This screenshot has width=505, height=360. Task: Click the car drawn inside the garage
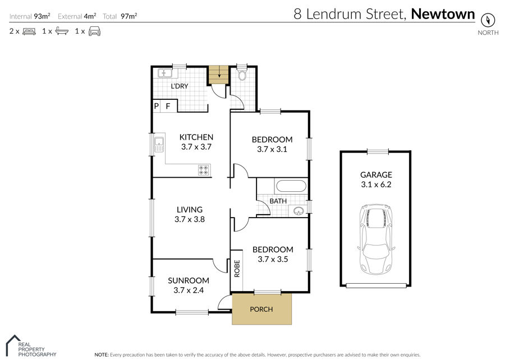(x=376, y=239)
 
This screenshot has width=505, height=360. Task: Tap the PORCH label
(x=261, y=309)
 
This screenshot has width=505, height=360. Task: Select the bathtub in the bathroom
(x=291, y=187)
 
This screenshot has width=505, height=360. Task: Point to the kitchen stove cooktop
(x=204, y=170)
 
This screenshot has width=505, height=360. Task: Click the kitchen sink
(x=159, y=145)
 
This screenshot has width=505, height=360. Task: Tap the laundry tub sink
(x=165, y=73)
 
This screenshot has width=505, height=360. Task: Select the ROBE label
(x=237, y=268)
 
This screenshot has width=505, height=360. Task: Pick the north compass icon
(x=488, y=20)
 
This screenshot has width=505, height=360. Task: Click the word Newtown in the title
(x=443, y=14)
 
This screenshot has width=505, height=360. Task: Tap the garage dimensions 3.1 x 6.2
(x=376, y=184)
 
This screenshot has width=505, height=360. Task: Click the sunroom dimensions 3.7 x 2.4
(x=189, y=290)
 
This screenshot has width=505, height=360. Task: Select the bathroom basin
(x=299, y=211)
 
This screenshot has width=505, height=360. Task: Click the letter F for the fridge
(x=168, y=106)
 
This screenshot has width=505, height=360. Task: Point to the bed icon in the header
(x=29, y=31)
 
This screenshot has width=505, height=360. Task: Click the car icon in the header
(x=94, y=31)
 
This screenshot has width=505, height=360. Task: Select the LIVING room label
(x=190, y=209)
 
